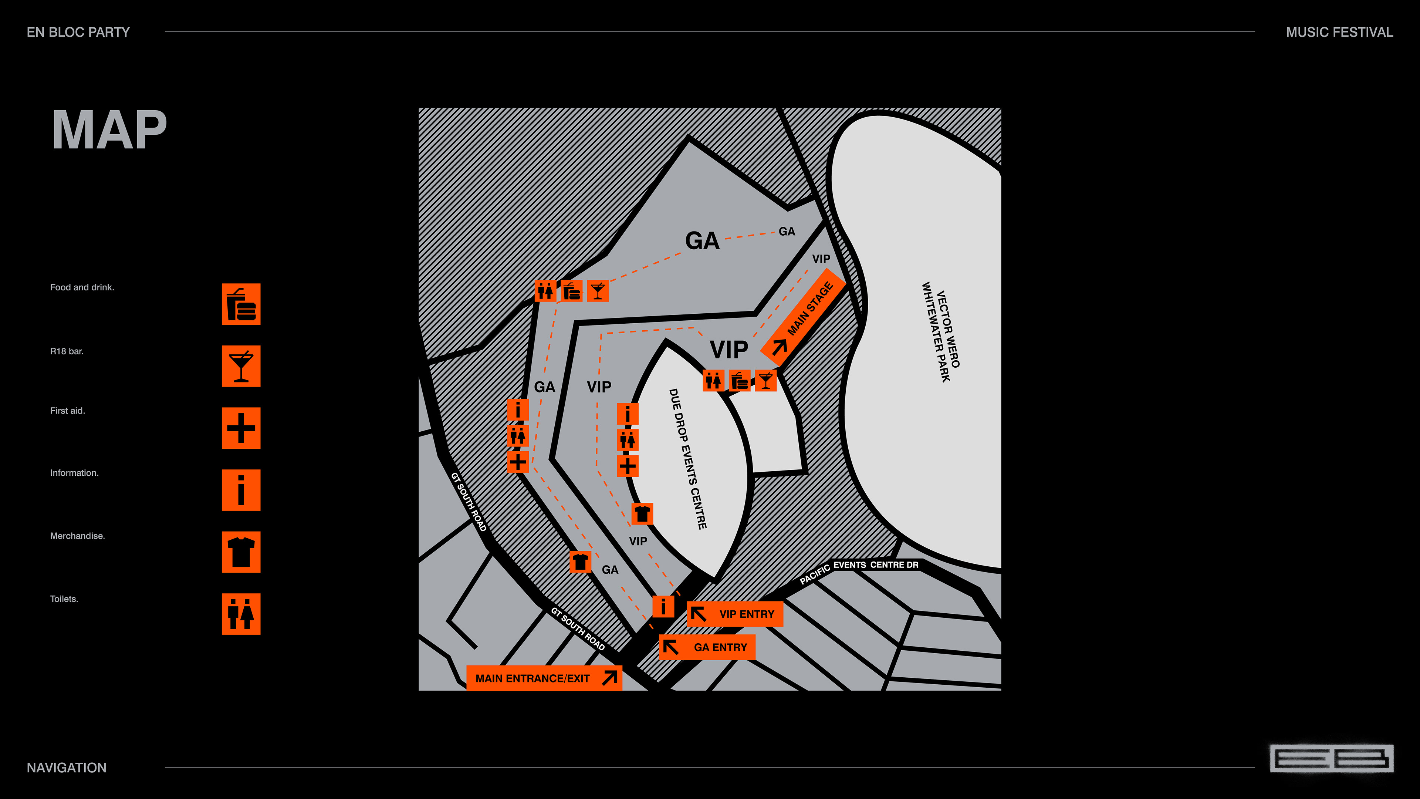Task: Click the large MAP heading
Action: (109, 130)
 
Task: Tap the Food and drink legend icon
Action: (241, 304)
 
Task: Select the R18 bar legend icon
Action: (241, 366)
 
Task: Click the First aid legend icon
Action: (241, 428)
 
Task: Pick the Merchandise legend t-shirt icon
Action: (241, 552)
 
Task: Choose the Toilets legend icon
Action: (241, 614)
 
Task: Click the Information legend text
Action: (74, 473)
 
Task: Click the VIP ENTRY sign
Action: (735, 614)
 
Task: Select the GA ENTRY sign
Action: (707, 647)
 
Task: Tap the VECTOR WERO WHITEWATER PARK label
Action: (941, 332)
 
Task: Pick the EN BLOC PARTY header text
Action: (78, 32)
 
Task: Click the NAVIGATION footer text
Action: (67, 768)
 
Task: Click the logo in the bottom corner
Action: (1331, 759)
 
